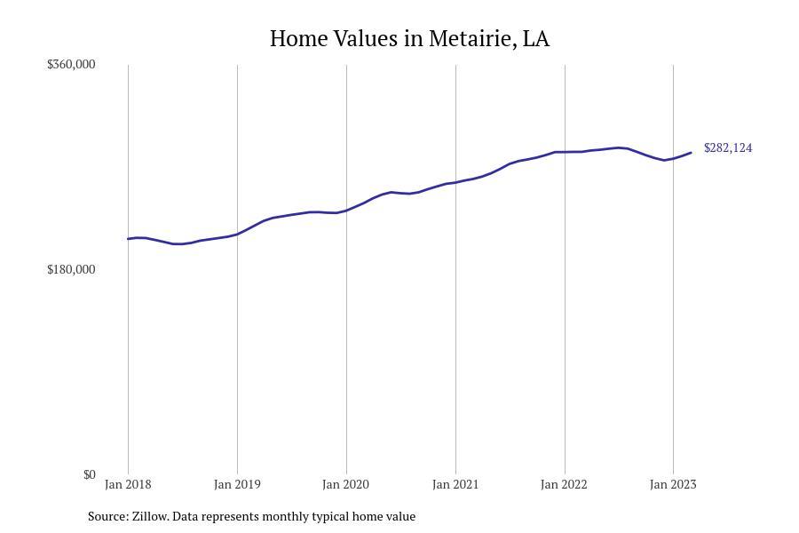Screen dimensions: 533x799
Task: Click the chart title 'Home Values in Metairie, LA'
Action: [409, 39]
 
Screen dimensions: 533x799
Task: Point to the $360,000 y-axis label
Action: [71, 64]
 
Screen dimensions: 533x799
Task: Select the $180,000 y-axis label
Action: [71, 269]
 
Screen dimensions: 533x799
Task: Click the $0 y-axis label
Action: [89, 474]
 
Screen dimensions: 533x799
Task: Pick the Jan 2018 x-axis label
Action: [128, 484]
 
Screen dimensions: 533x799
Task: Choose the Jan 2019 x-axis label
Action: [237, 484]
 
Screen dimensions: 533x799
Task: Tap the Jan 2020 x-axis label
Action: [346, 484]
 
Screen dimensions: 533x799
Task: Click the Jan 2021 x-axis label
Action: [455, 484]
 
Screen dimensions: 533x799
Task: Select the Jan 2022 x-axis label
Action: [565, 484]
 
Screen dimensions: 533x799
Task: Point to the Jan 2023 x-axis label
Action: [673, 484]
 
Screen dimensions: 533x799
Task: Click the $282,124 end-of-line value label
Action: [728, 147]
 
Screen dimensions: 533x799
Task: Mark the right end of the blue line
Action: [691, 153]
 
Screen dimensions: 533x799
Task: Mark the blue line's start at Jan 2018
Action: [128, 239]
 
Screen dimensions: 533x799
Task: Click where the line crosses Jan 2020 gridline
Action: [346, 211]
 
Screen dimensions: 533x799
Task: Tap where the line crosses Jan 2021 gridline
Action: [455, 182]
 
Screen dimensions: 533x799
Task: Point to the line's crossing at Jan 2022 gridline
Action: [565, 152]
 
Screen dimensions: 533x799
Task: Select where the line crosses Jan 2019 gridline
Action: [237, 234]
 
